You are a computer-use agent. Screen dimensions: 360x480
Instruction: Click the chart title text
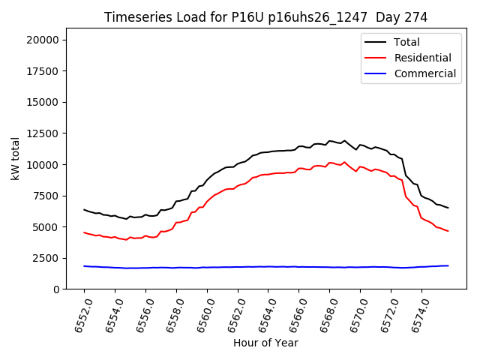click(x=266, y=17)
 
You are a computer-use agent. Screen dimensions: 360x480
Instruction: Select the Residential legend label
click(x=422, y=58)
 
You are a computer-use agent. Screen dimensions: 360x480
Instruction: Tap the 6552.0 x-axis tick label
click(x=77, y=314)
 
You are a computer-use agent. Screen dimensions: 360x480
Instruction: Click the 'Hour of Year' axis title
click(x=265, y=343)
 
